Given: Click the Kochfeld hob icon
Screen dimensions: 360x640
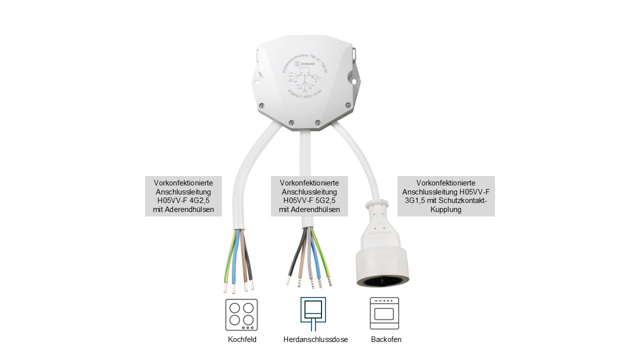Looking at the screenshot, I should click(241, 314).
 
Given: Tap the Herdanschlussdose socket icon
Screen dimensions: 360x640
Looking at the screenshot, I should click(313, 313).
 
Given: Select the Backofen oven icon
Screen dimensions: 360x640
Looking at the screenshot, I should click(384, 313).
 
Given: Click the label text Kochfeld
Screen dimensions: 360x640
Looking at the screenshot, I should click(242, 339).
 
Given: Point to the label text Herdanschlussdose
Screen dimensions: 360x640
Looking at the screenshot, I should click(315, 339).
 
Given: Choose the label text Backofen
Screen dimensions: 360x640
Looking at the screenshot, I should click(386, 339).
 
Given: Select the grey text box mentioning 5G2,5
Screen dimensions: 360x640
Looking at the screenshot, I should click(309, 196).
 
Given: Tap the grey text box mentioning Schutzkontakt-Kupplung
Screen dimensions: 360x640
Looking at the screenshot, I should click(446, 196).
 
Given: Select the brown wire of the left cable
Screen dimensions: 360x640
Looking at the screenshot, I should click(243, 260).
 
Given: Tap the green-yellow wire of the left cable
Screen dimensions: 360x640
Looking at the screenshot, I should click(228, 260).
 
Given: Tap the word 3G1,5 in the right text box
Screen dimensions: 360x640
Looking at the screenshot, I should click(413, 200).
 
